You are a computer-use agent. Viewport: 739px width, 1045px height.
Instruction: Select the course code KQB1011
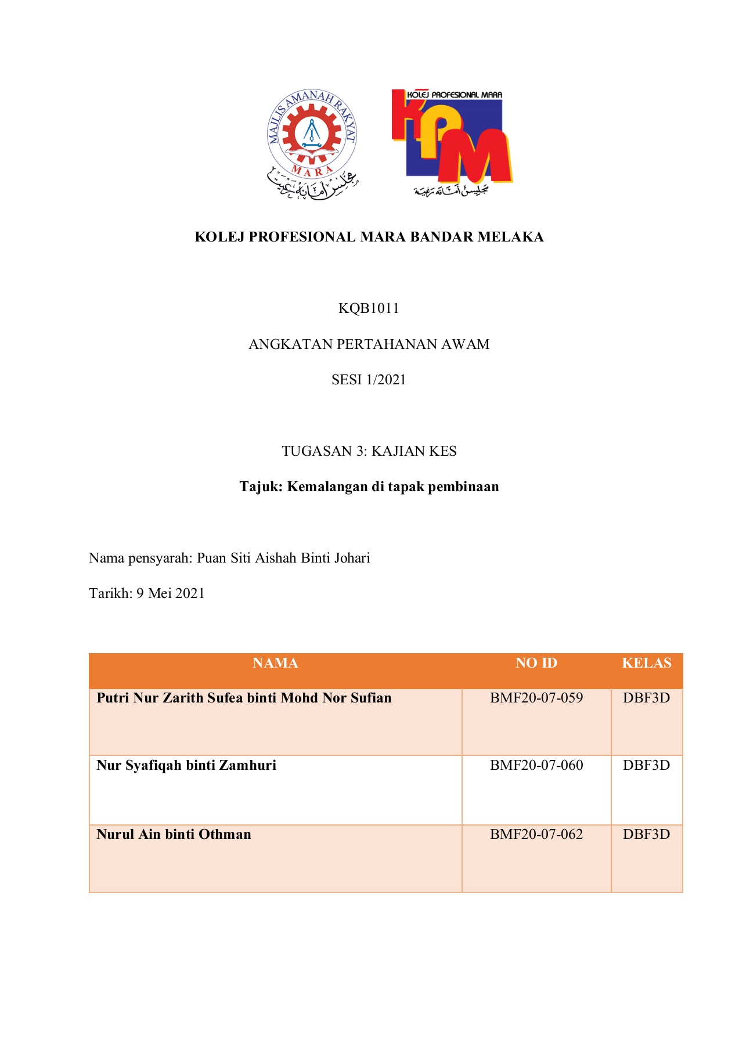click(369, 308)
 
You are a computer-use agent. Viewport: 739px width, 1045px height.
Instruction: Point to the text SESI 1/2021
click(369, 380)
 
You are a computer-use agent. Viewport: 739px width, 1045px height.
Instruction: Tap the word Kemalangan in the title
click(329, 487)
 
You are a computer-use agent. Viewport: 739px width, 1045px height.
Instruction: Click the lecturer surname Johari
click(352, 558)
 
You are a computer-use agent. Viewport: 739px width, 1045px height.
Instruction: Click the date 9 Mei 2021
click(170, 593)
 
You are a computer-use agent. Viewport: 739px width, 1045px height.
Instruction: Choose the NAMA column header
click(275, 663)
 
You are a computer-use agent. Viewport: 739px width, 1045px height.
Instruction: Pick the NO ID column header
click(536, 663)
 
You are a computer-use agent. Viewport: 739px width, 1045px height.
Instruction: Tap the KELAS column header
click(646, 663)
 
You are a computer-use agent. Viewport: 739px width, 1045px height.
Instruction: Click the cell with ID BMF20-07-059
click(536, 698)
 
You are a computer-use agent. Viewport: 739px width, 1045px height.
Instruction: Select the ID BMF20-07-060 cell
click(536, 765)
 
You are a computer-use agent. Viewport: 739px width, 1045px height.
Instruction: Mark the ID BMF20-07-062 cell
click(536, 834)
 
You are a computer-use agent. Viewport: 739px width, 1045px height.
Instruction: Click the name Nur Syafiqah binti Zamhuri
click(186, 765)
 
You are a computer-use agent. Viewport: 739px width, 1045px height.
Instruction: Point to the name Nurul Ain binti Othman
click(174, 834)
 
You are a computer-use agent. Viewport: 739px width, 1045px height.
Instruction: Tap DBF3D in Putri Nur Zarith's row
click(646, 698)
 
